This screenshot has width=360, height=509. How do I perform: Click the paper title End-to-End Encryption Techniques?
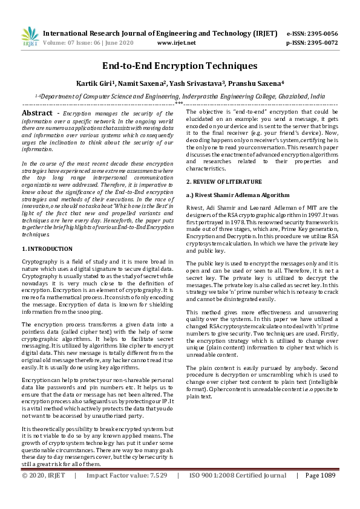click(180, 65)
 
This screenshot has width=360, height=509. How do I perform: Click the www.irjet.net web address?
click(176, 43)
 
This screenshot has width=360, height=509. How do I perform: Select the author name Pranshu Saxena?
click(259, 83)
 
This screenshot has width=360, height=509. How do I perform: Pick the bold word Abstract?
click(37, 113)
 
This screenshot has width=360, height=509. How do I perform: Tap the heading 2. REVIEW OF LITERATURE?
click(224, 181)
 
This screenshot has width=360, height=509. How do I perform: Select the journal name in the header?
click(160, 33)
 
